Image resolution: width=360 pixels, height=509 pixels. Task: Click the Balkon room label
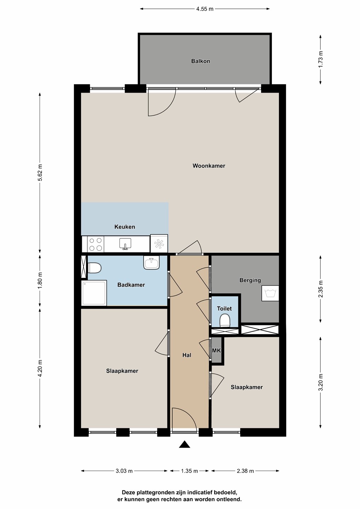(x=201, y=61)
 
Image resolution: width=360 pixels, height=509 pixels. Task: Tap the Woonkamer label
(x=209, y=166)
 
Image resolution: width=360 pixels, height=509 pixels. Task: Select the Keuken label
(x=124, y=227)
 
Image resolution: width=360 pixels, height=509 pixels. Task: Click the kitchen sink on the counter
(x=125, y=244)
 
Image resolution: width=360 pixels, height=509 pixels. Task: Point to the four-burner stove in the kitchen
(x=96, y=244)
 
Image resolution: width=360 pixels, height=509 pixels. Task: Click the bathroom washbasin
(x=151, y=262)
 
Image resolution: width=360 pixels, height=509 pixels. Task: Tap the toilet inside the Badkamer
(x=94, y=268)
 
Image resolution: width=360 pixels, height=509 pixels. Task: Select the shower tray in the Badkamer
(x=94, y=293)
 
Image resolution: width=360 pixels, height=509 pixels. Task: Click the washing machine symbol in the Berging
(x=270, y=293)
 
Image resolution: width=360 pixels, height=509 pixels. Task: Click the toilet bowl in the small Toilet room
(x=225, y=320)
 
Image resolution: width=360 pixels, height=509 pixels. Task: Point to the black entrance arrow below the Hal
(x=184, y=444)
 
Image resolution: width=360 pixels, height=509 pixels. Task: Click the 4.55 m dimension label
(x=205, y=9)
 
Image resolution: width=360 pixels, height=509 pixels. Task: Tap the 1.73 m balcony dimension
(x=320, y=59)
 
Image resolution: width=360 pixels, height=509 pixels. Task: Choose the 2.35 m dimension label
(x=320, y=289)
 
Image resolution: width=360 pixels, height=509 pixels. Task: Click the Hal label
(x=187, y=355)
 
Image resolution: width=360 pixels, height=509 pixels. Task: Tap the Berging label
(x=250, y=280)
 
